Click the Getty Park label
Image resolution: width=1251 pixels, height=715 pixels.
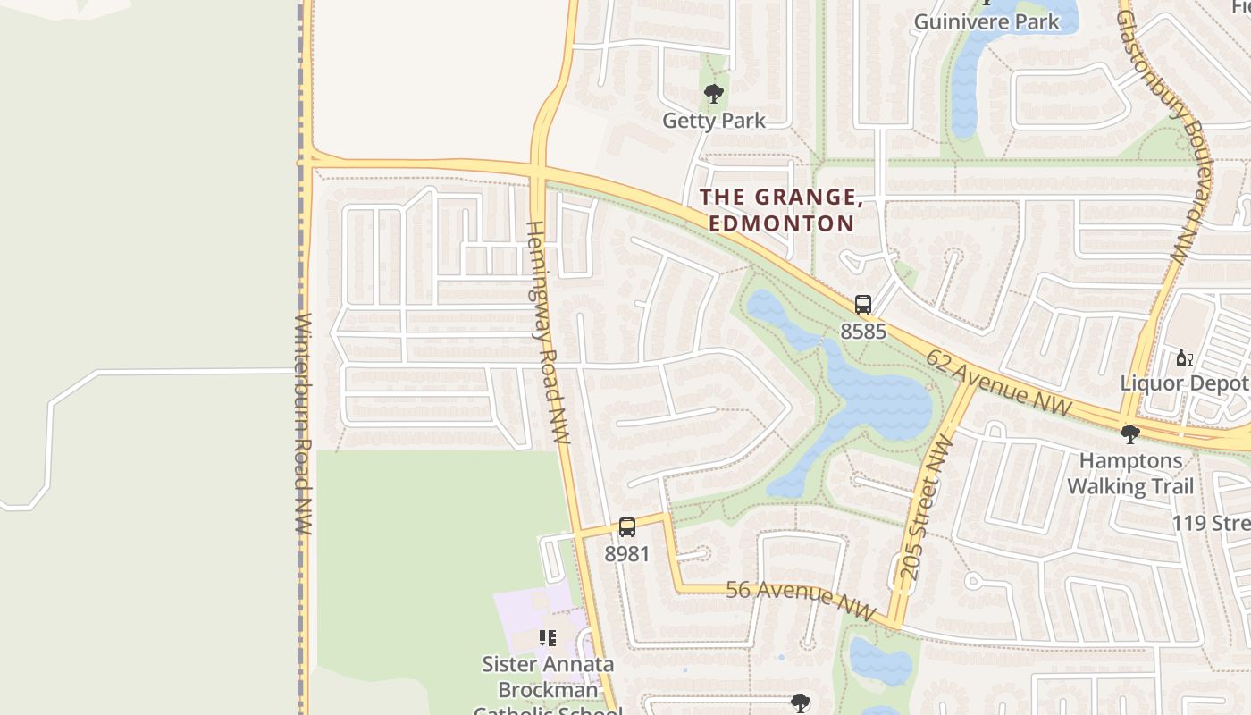(x=713, y=120)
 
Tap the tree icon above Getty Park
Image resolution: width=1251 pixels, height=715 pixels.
(x=713, y=93)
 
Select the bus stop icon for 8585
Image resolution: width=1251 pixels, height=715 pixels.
(x=862, y=304)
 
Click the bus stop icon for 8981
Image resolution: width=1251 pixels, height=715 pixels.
(x=627, y=527)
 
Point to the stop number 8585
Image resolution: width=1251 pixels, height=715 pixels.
(x=862, y=332)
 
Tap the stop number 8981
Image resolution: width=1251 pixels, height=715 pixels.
(x=627, y=554)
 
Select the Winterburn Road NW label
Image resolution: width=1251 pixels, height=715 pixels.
(x=303, y=424)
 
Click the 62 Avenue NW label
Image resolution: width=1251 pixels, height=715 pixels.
(x=998, y=383)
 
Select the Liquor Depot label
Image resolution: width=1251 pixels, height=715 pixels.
(x=1185, y=383)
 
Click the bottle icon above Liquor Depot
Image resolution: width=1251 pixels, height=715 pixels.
(x=1184, y=358)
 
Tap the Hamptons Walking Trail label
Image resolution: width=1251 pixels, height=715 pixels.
(x=1130, y=474)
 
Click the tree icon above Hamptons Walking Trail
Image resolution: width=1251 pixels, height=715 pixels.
(x=1129, y=434)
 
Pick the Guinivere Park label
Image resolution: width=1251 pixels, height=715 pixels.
(x=987, y=21)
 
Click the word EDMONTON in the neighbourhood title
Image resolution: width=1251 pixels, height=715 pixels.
(x=782, y=223)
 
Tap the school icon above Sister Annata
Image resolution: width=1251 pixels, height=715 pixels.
(x=547, y=638)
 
